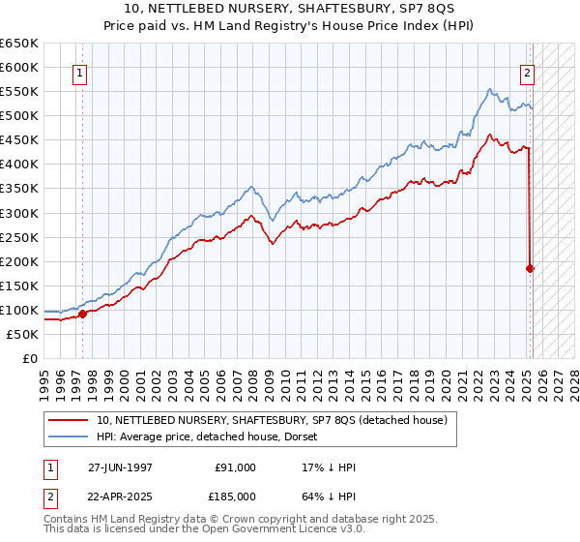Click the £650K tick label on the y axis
19,44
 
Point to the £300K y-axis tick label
19,213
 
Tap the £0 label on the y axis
31,358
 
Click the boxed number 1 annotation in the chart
78,72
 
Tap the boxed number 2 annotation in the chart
527,72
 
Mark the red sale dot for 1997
83,314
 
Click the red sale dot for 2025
530,268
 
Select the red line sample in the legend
69,421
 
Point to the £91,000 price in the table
235,467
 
